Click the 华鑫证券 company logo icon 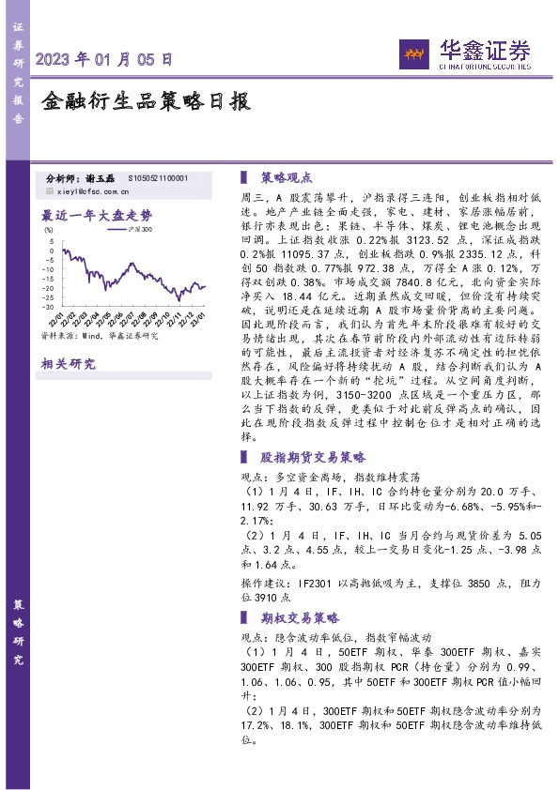[x=413, y=53]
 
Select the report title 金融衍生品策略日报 [x=146, y=101]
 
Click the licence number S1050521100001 [x=157, y=177]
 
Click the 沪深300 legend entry [x=138, y=228]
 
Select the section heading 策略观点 [x=287, y=176]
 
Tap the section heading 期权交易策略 [x=299, y=618]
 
